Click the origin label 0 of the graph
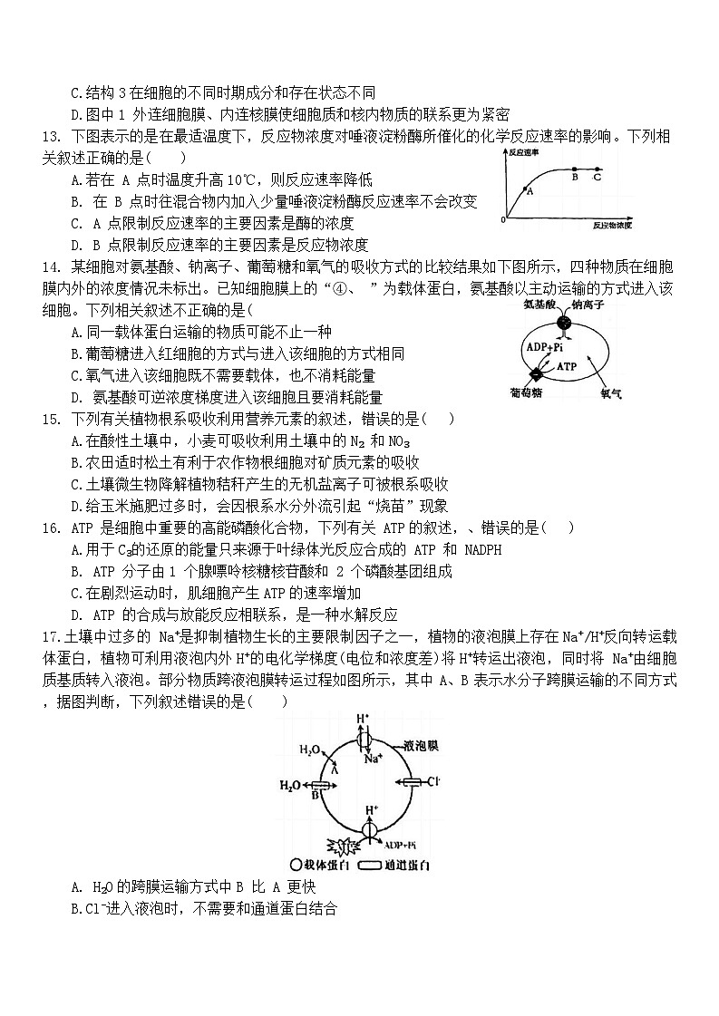503,220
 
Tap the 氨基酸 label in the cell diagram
539,306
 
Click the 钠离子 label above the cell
587,306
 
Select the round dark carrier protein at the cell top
564,323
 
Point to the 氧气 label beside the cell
610,393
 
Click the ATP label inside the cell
567,366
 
